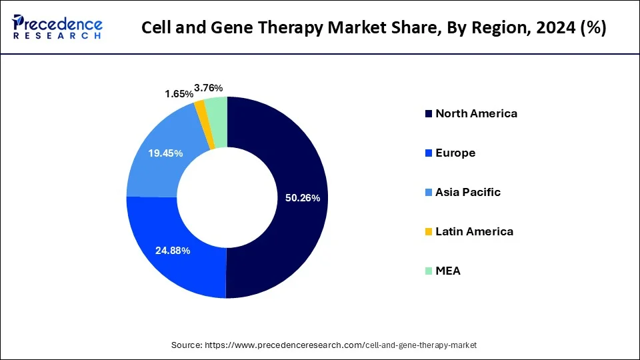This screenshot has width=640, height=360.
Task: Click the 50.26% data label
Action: point(303,198)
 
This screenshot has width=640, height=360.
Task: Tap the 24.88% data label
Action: point(173,251)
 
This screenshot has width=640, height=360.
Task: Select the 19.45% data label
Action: point(166,153)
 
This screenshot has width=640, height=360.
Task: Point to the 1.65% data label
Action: point(179,95)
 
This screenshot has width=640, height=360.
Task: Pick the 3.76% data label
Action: point(209,88)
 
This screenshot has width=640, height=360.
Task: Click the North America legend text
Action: point(476,113)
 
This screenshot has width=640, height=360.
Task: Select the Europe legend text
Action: point(455,153)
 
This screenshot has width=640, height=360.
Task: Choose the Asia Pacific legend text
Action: point(468,192)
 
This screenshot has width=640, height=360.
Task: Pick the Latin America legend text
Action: point(474,231)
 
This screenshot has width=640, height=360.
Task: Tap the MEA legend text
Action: point(448,271)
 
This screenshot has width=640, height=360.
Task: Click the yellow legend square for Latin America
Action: point(428,232)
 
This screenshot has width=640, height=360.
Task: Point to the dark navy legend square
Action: point(428,114)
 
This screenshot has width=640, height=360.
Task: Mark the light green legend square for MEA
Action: point(428,271)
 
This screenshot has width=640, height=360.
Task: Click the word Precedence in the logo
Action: point(64,23)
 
